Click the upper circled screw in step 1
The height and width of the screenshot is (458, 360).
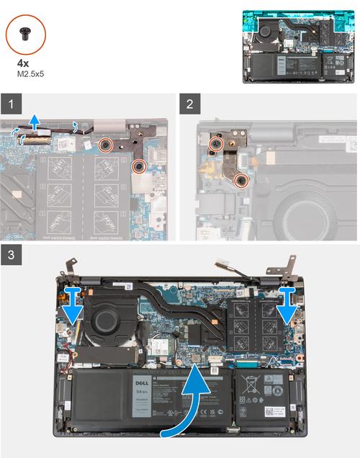105,143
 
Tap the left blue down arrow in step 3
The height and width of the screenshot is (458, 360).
73,303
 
